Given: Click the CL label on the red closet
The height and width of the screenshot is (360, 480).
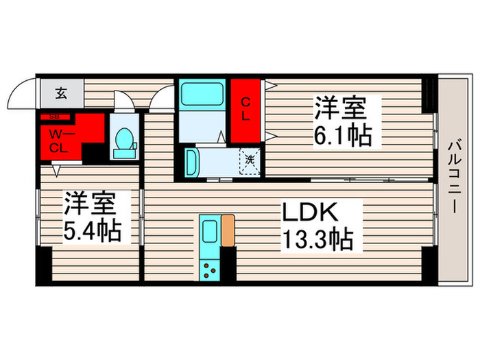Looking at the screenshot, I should [244, 109].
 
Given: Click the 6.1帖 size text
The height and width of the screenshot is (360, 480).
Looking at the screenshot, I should [343, 135].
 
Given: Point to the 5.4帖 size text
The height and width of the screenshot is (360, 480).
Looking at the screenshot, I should [93, 230].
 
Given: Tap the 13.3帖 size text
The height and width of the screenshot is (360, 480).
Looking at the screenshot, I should [317, 240].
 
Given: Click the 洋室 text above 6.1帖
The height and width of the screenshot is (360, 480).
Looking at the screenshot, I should [340, 108].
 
